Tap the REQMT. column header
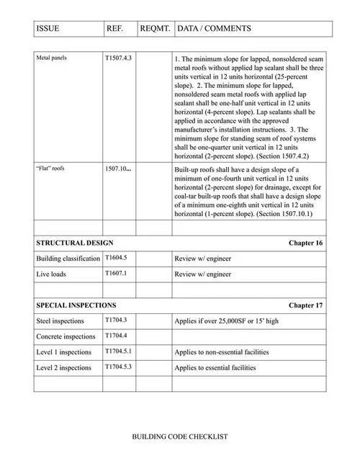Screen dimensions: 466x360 (154, 29)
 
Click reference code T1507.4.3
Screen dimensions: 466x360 (118, 56)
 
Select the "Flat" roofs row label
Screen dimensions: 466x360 (50, 169)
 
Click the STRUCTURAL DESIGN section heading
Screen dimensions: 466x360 (74, 243)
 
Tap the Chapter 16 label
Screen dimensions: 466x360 (305, 243)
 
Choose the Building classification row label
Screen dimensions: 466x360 (68, 258)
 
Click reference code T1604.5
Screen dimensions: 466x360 (116, 257)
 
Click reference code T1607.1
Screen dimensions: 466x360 (116, 274)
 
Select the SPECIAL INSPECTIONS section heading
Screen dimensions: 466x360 (76, 305)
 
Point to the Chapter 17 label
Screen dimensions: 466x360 (305, 305)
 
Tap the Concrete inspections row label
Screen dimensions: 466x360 (66, 336)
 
